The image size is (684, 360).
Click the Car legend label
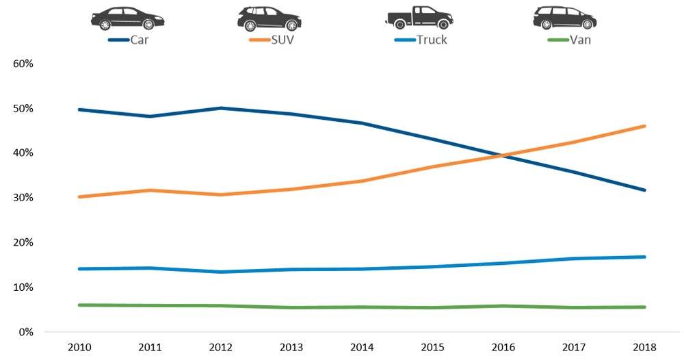140,40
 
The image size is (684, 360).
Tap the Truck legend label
432,40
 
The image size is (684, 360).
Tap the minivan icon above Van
564,18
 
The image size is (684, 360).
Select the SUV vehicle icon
269,18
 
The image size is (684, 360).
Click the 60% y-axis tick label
23,64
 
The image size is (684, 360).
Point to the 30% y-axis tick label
23,198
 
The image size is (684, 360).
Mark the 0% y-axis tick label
26,332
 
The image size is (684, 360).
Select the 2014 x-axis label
362,347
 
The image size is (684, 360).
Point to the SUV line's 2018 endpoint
644,126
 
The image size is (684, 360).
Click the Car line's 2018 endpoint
644,190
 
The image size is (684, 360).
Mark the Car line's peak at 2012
220,108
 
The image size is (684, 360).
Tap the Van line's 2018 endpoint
644,307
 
